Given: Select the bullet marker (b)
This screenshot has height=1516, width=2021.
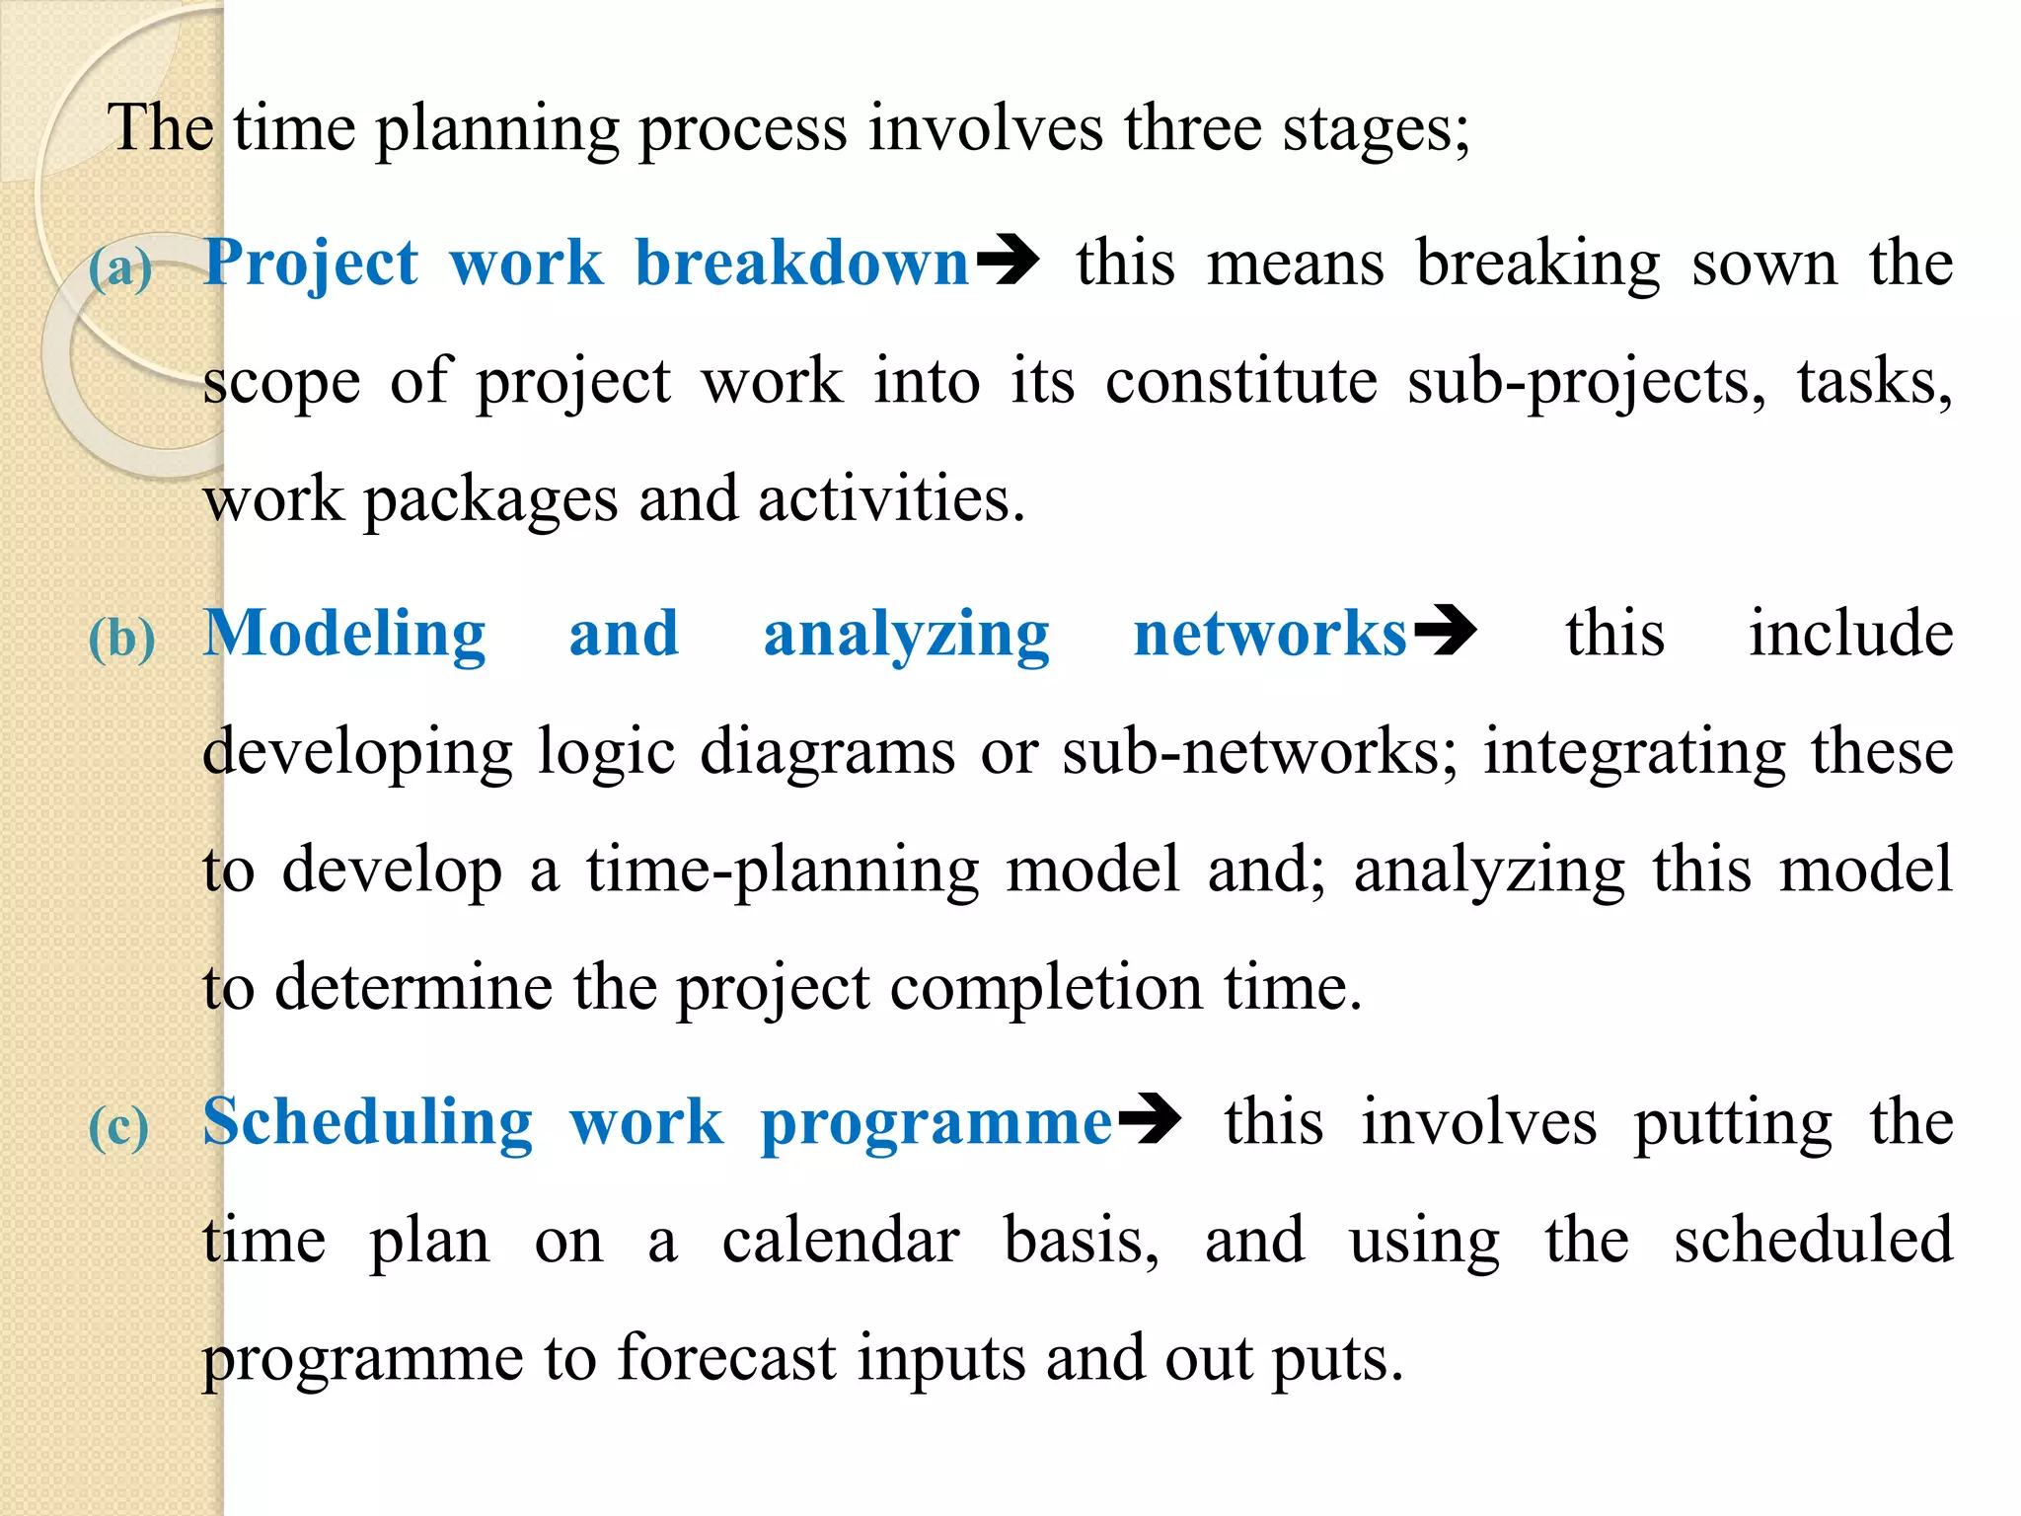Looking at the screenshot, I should (122, 639).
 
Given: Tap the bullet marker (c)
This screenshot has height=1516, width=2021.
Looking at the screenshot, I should (119, 1127).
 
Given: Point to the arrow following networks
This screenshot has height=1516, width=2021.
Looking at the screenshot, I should (1446, 630).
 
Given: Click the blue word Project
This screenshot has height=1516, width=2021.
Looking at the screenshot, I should (311, 265).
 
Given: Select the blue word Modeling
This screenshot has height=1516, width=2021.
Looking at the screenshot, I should (344, 634).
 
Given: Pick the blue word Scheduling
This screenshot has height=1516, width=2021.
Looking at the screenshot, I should (368, 1123).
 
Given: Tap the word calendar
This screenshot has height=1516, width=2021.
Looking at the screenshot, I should (841, 1241).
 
